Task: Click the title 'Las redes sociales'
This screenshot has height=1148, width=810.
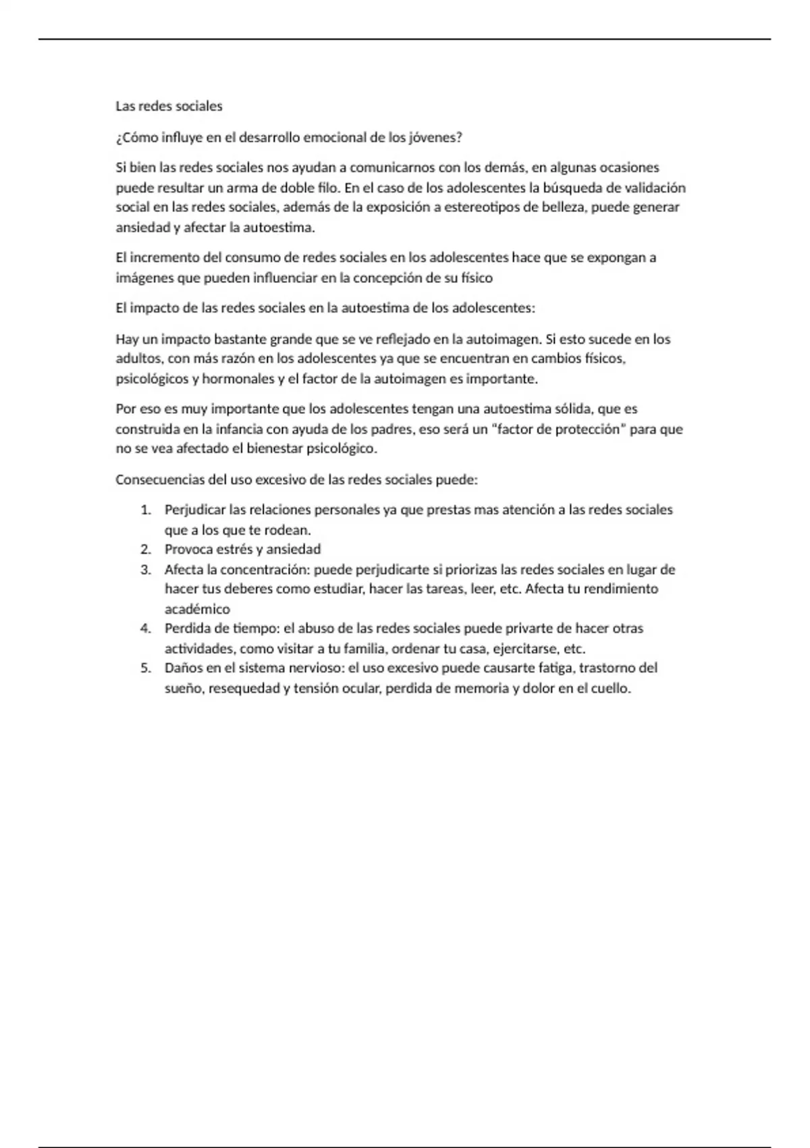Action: pyautogui.click(x=169, y=106)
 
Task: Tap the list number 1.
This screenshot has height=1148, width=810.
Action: pyautogui.click(x=146, y=510)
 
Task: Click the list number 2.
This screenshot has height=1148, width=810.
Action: pyautogui.click(x=146, y=550)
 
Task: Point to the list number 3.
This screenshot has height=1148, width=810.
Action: pyautogui.click(x=146, y=570)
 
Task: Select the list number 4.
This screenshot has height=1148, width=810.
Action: pyautogui.click(x=146, y=629)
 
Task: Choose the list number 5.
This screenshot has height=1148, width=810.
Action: pyautogui.click(x=146, y=669)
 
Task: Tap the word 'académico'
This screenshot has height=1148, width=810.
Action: pyautogui.click(x=197, y=609)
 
